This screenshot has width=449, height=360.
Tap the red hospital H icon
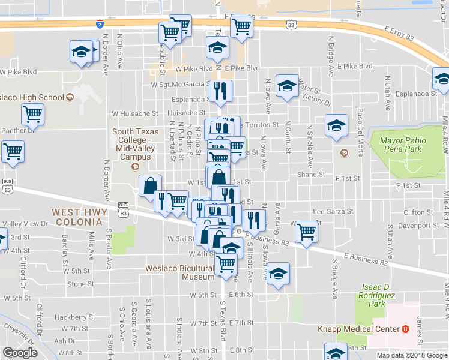click(x=406, y=329)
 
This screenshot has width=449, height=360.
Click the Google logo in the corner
click(x=20, y=353)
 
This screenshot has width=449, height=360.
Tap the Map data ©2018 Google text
click(x=412, y=355)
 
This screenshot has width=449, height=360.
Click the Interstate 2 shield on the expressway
click(x=99, y=24)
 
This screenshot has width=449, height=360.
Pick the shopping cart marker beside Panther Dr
click(x=32, y=113)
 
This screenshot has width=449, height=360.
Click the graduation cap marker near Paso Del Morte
click(x=336, y=124)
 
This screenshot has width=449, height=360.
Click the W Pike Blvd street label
click(x=19, y=72)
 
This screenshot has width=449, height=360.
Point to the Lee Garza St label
click(x=331, y=211)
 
